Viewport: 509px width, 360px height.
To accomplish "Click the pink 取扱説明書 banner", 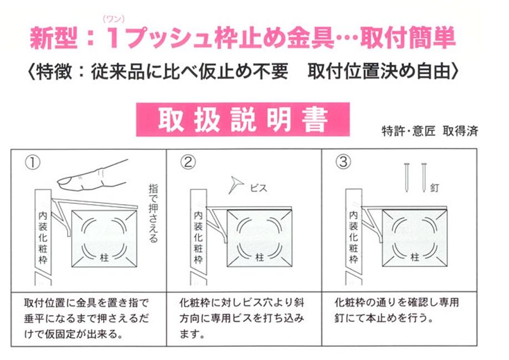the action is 243,119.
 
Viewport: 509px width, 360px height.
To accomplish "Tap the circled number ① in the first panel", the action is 33,163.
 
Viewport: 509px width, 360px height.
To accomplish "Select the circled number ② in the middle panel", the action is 188,162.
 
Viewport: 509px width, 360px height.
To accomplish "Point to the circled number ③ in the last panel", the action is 343,161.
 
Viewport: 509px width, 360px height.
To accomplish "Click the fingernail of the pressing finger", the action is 65,180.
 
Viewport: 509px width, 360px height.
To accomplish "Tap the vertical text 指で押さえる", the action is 153,213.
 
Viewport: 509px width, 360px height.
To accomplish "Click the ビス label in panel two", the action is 259,188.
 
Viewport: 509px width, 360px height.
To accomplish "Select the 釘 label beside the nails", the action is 435,187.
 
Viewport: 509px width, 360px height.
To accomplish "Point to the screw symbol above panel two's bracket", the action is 236,185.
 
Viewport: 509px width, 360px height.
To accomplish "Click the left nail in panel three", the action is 406,178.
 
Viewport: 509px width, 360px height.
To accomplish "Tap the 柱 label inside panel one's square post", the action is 104,257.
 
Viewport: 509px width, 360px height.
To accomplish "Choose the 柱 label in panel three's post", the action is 415,257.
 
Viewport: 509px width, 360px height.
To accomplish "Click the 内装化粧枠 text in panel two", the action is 198,237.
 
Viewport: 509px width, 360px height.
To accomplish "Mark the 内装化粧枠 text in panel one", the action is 43,237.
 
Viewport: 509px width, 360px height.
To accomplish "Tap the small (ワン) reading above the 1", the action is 114,19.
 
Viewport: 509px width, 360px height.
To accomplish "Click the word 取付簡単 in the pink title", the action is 408,38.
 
